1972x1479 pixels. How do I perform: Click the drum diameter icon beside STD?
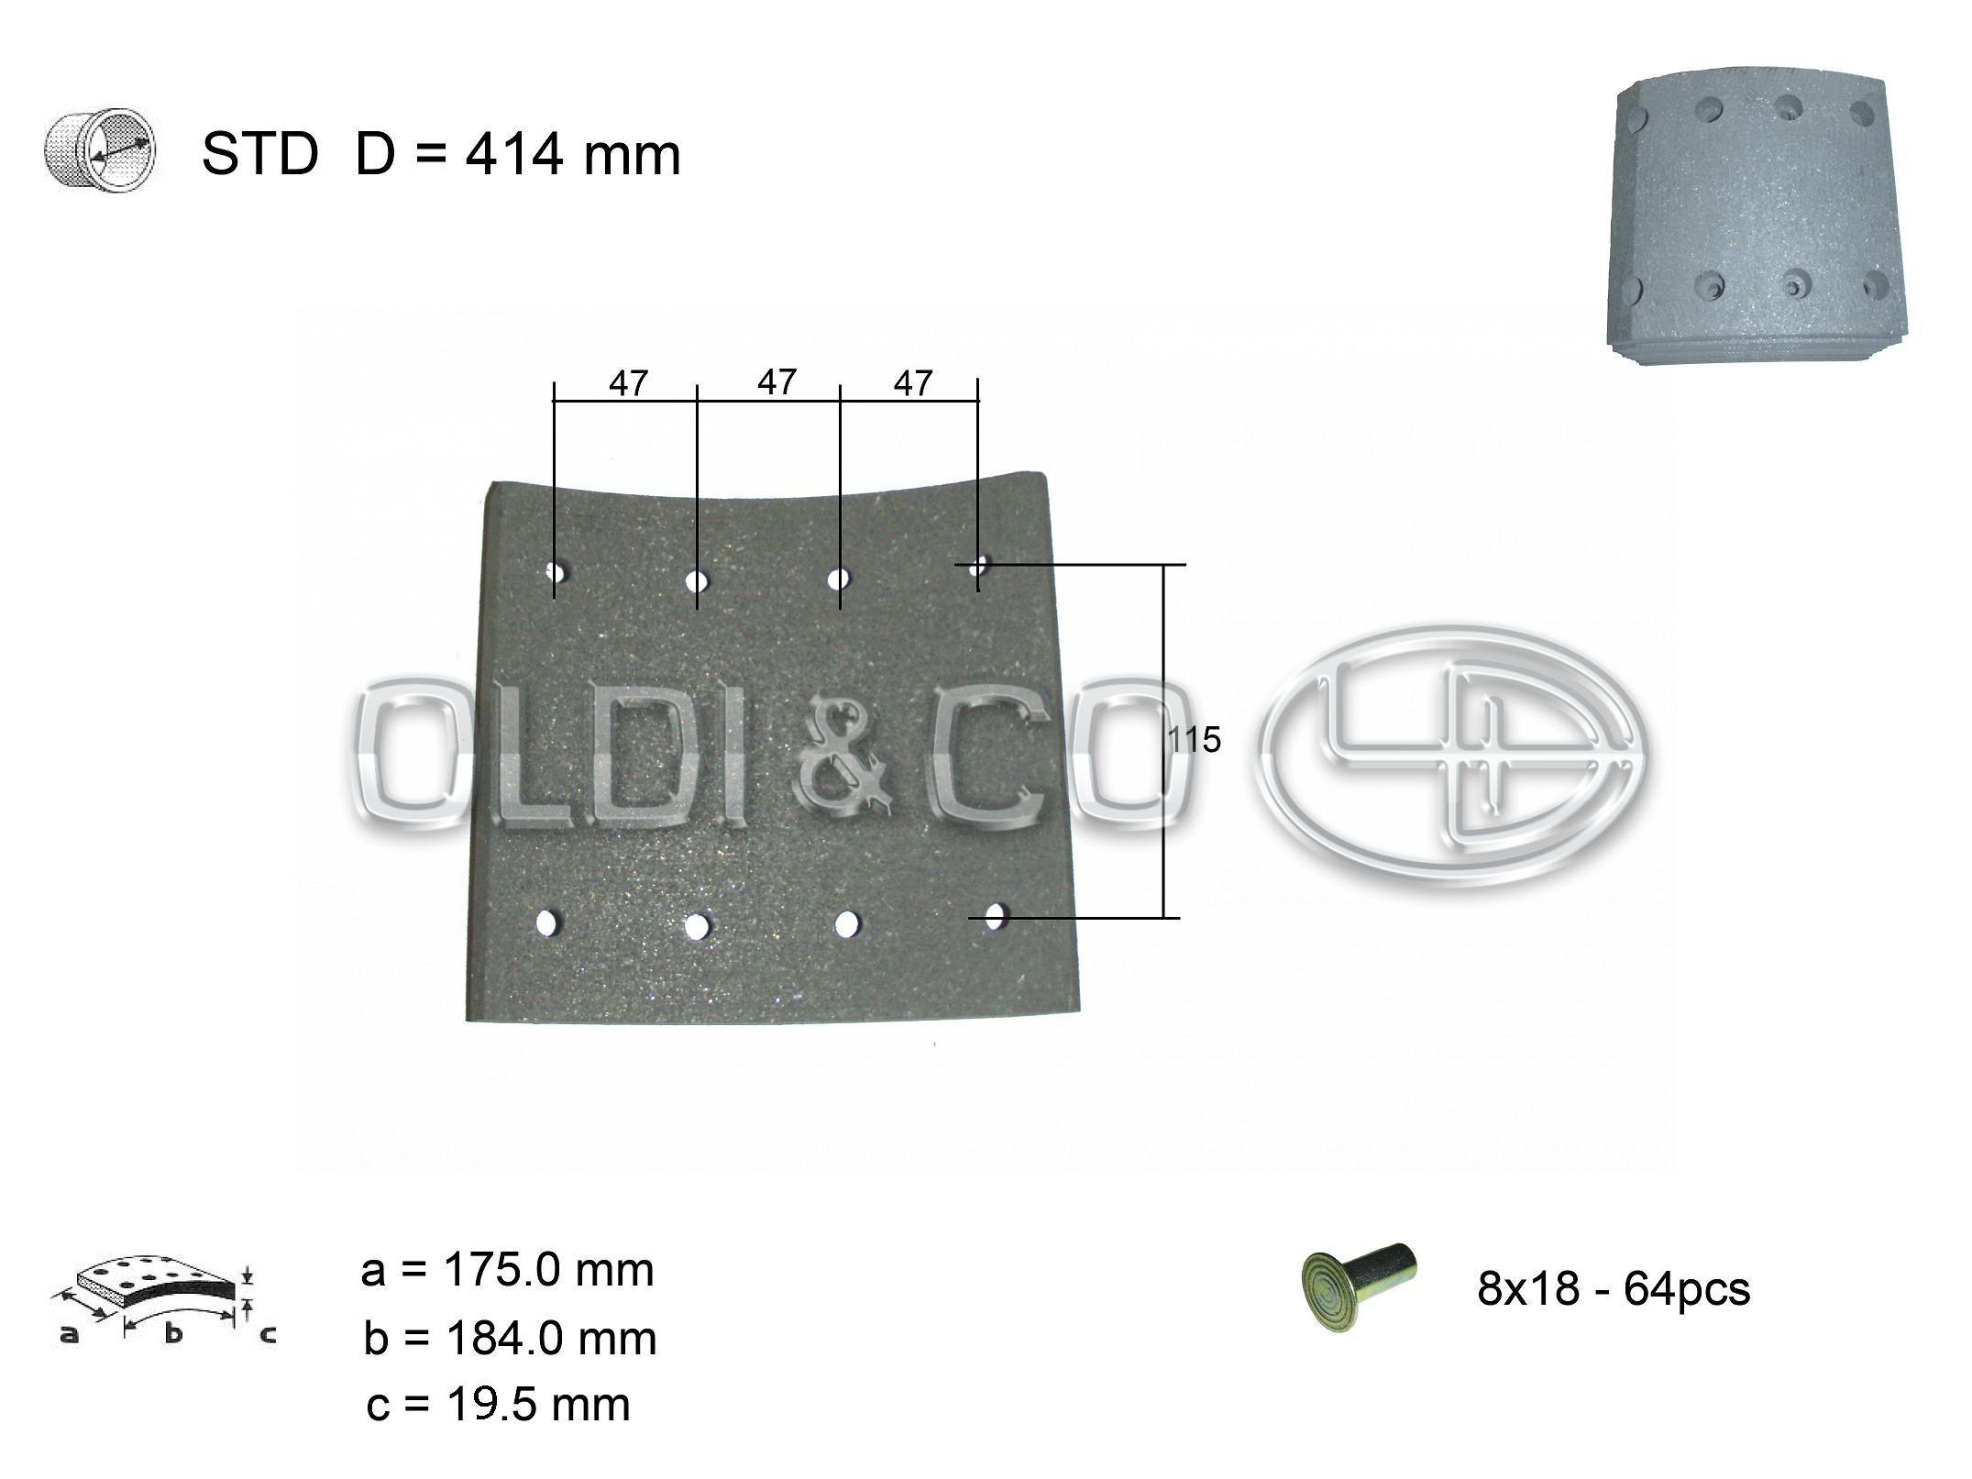pyautogui.click(x=101, y=153)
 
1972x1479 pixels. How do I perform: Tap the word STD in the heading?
pyautogui.click(x=259, y=154)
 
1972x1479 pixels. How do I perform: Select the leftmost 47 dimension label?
pyautogui.click(x=628, y=383)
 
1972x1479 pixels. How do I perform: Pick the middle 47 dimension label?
pyautogui.click(x=777, y=381)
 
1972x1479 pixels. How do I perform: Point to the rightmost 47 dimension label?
pyautogui.click(x=912, y=383)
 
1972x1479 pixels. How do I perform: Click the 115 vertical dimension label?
pyautogui.click(x=1195, y=740)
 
